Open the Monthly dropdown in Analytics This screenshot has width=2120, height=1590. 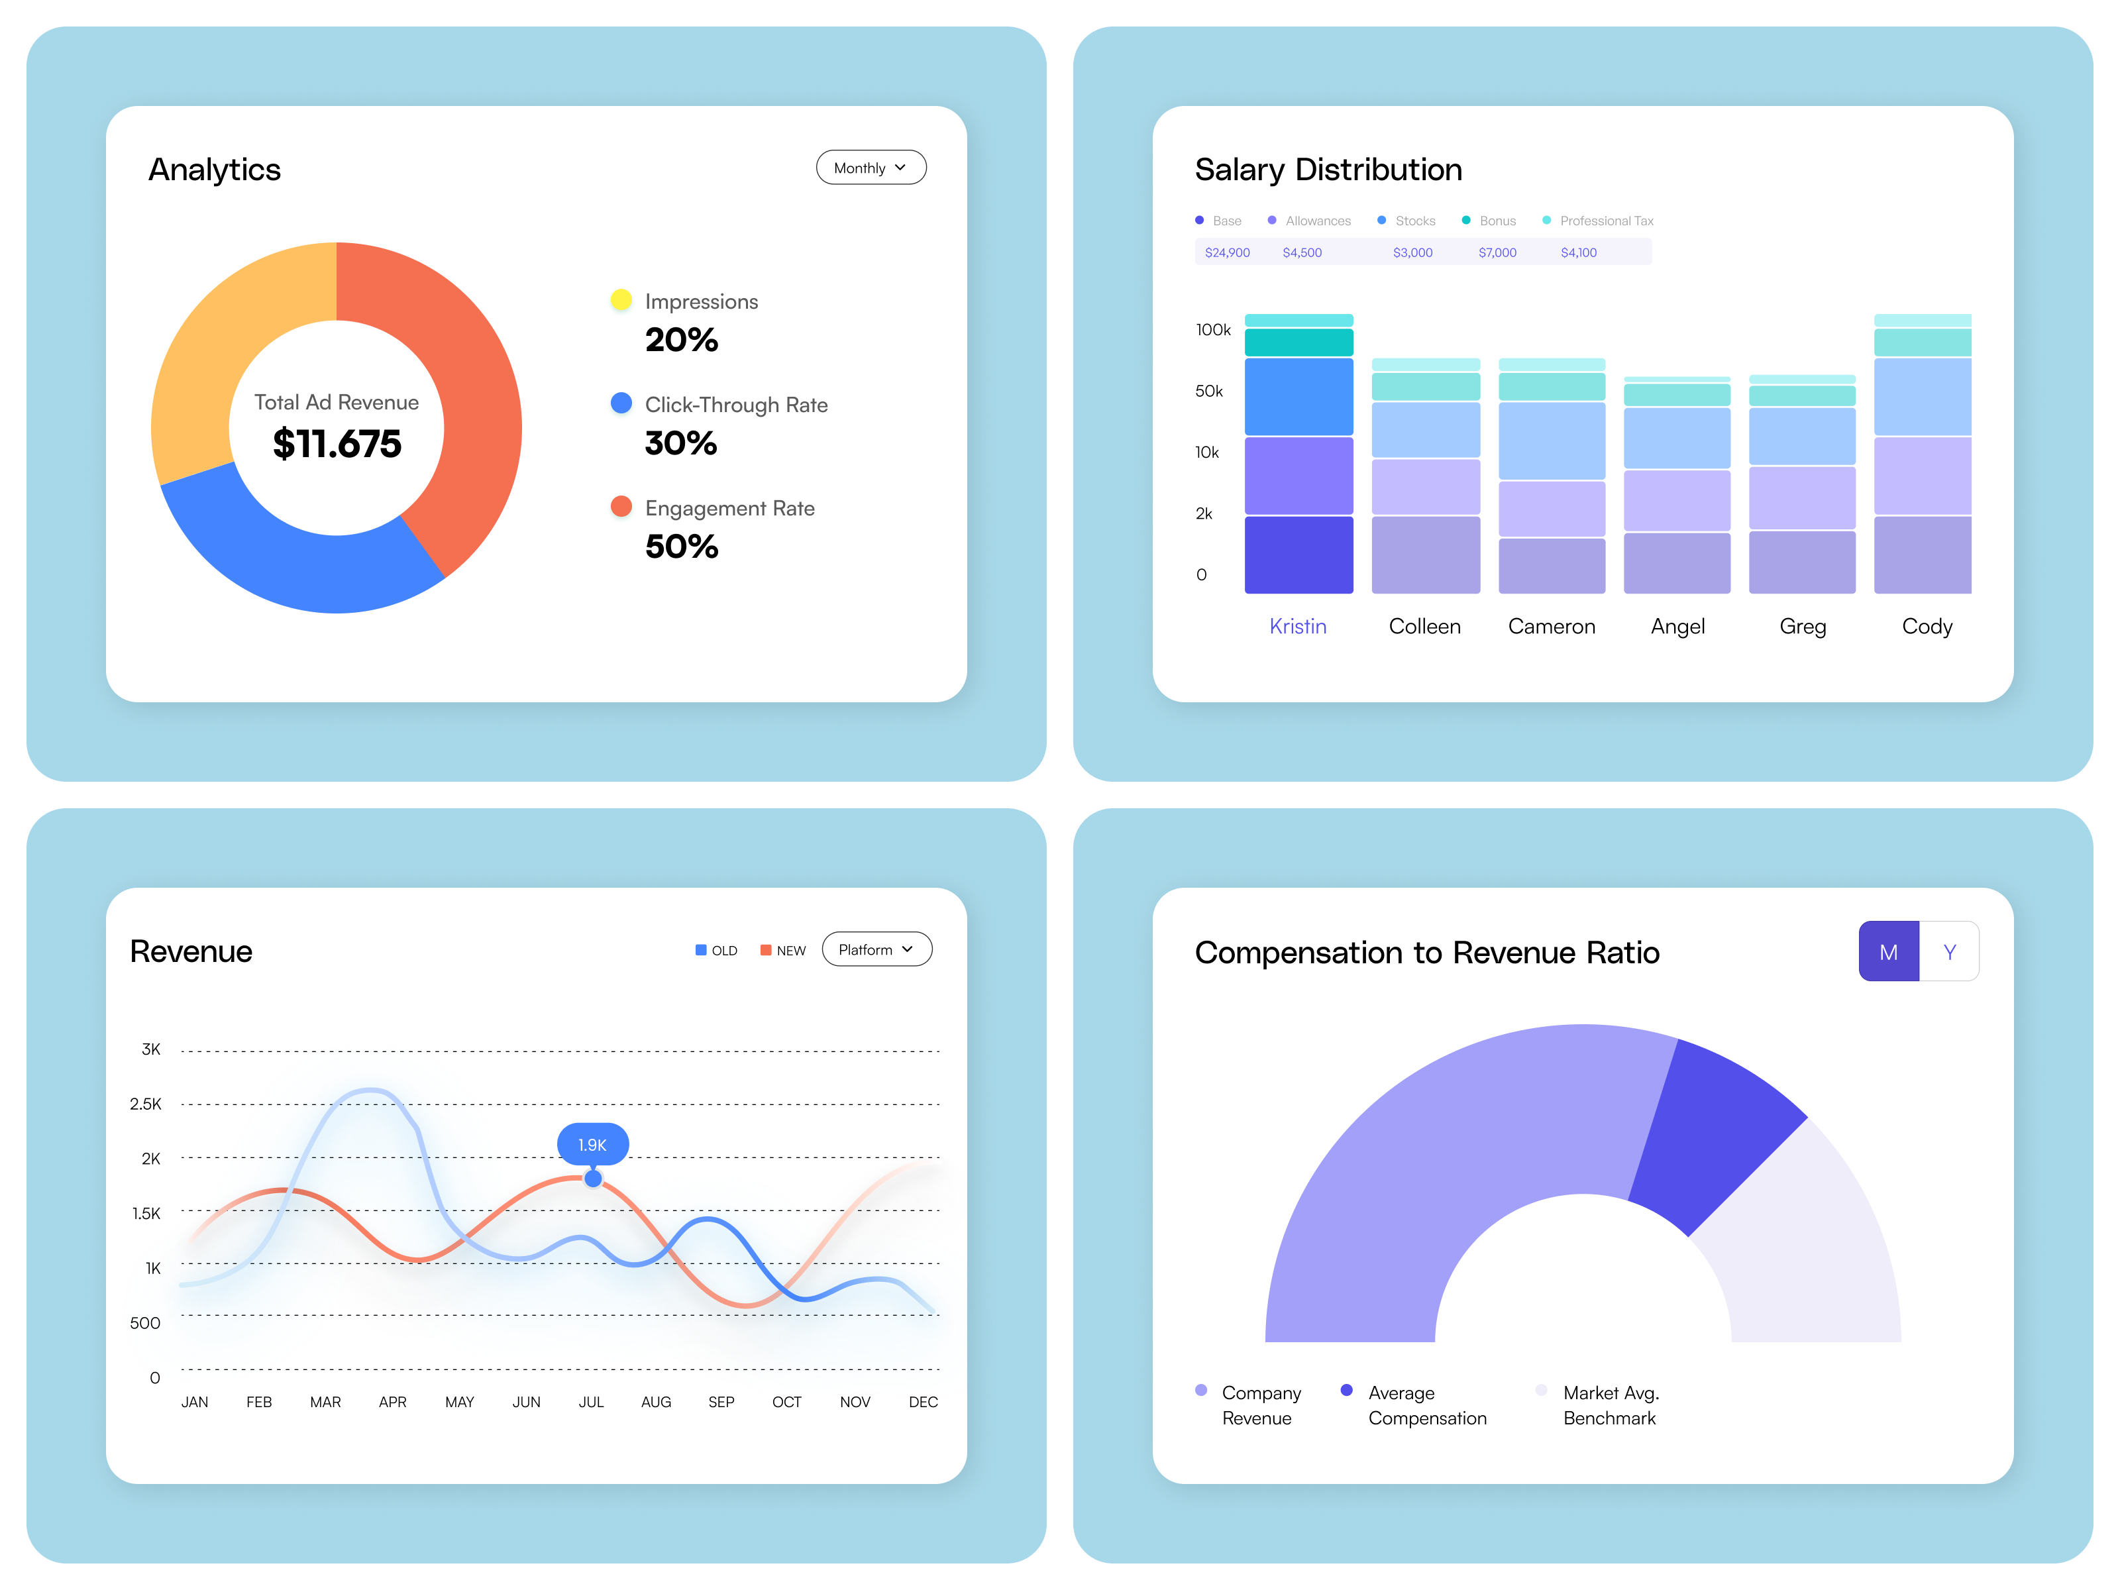[871, 168]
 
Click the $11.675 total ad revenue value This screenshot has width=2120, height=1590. [337, 444]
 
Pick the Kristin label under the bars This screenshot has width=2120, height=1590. [1298, 626]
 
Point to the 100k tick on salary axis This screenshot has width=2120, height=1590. [1212, 330]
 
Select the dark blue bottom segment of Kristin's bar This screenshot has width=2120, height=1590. [1298, 555]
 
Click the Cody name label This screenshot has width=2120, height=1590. [1927, 626]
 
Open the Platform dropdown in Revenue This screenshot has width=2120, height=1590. [876, 950]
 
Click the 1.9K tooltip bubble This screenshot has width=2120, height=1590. [592, 1144]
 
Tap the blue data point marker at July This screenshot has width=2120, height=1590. [593, 1179]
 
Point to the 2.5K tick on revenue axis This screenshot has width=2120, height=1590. [146, 1104]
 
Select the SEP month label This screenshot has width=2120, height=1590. [721, 1402]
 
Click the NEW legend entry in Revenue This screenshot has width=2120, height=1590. [783, 951]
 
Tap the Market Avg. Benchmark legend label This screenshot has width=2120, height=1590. [1610, 1405]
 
